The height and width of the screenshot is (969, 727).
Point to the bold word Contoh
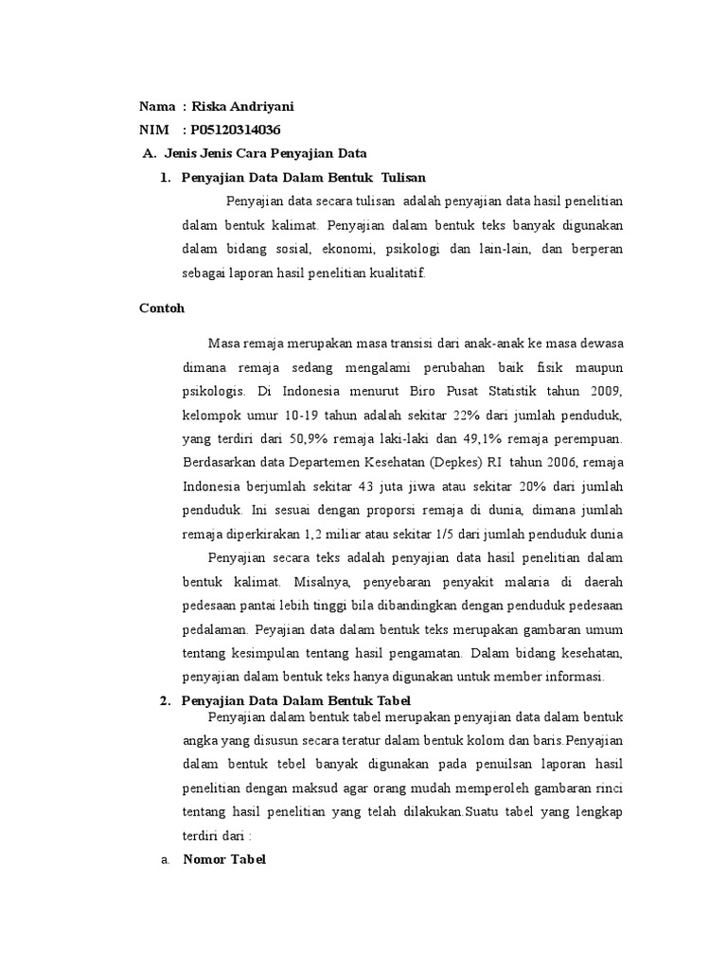point(161,308)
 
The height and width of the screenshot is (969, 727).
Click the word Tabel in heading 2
point(390,700)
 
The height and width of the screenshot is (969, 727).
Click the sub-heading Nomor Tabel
point(224,859)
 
